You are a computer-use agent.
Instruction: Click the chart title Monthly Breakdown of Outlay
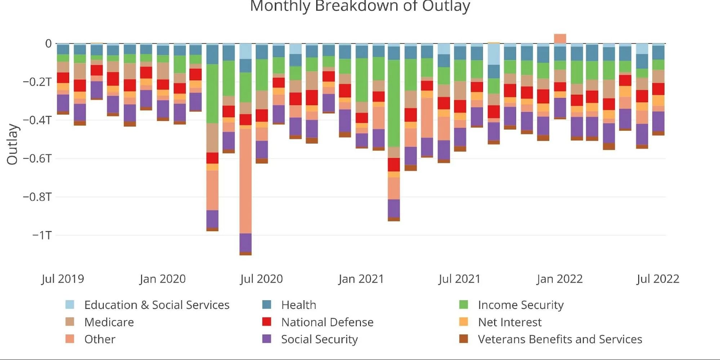(x=360, y=6)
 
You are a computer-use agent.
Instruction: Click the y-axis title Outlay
(x=12, y=144)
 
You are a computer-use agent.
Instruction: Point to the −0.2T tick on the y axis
(x=37, y=82)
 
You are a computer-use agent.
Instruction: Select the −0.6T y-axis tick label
(x=37, y=159)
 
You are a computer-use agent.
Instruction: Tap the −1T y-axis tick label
(x=42, y=235)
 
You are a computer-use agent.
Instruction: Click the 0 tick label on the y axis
(x=48, y=44)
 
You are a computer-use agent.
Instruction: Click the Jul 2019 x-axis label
(x=63, y=279)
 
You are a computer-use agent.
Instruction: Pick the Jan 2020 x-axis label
(x=162, y=279)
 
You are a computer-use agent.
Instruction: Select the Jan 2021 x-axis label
(x=361, y=279)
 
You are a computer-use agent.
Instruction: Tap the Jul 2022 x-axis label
(x=658, y=279)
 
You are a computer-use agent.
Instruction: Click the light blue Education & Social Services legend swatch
(x=70, y=305)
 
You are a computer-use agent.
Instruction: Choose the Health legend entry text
(x=299, y=305)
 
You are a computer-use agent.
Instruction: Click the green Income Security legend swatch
(x=464, y=305)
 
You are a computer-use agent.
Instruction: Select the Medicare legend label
(x=109, y=322)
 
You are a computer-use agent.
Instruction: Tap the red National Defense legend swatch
(x=267, y=322)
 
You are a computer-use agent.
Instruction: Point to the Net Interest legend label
(x=509, y=322)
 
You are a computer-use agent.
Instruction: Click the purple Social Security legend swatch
(x=267, y=339)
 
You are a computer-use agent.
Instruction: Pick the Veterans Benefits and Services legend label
(x=560, y=339)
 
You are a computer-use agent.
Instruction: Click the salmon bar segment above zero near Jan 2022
(x=560, y=39)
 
